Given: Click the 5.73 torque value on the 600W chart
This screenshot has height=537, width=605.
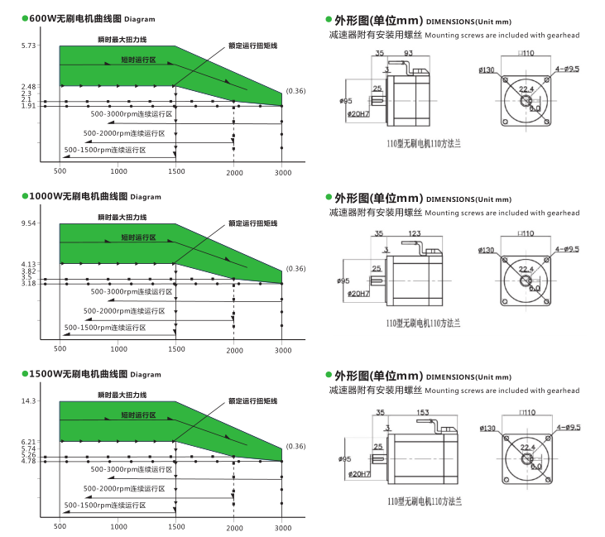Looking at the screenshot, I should (29, 46).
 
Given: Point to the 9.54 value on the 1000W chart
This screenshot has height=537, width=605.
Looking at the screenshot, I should (29, 223).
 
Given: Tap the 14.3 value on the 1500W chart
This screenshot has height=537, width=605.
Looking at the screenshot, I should (29, 401).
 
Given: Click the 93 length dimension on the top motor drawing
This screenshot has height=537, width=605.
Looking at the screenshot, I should (409, 52).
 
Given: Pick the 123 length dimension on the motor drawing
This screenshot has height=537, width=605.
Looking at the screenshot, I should (414, 233).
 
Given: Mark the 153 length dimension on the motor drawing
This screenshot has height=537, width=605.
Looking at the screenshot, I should (423, 412).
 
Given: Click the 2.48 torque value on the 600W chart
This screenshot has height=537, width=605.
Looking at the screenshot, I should (29, 86).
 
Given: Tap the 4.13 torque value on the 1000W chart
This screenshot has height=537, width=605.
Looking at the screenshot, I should (29, 264).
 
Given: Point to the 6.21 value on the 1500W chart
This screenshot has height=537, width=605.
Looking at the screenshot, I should (29, 442).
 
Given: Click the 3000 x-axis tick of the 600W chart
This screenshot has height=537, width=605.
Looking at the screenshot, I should (282, 171).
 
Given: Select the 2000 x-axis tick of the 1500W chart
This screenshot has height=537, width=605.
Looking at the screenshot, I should (235, 527).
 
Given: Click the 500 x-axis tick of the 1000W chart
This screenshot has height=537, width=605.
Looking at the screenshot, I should (60, 349).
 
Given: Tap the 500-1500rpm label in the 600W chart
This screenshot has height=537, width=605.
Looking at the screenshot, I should (105, 150).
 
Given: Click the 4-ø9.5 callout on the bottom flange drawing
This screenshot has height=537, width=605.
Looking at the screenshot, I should (567, 428).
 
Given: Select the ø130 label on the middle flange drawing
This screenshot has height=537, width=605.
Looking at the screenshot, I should (487, 249).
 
